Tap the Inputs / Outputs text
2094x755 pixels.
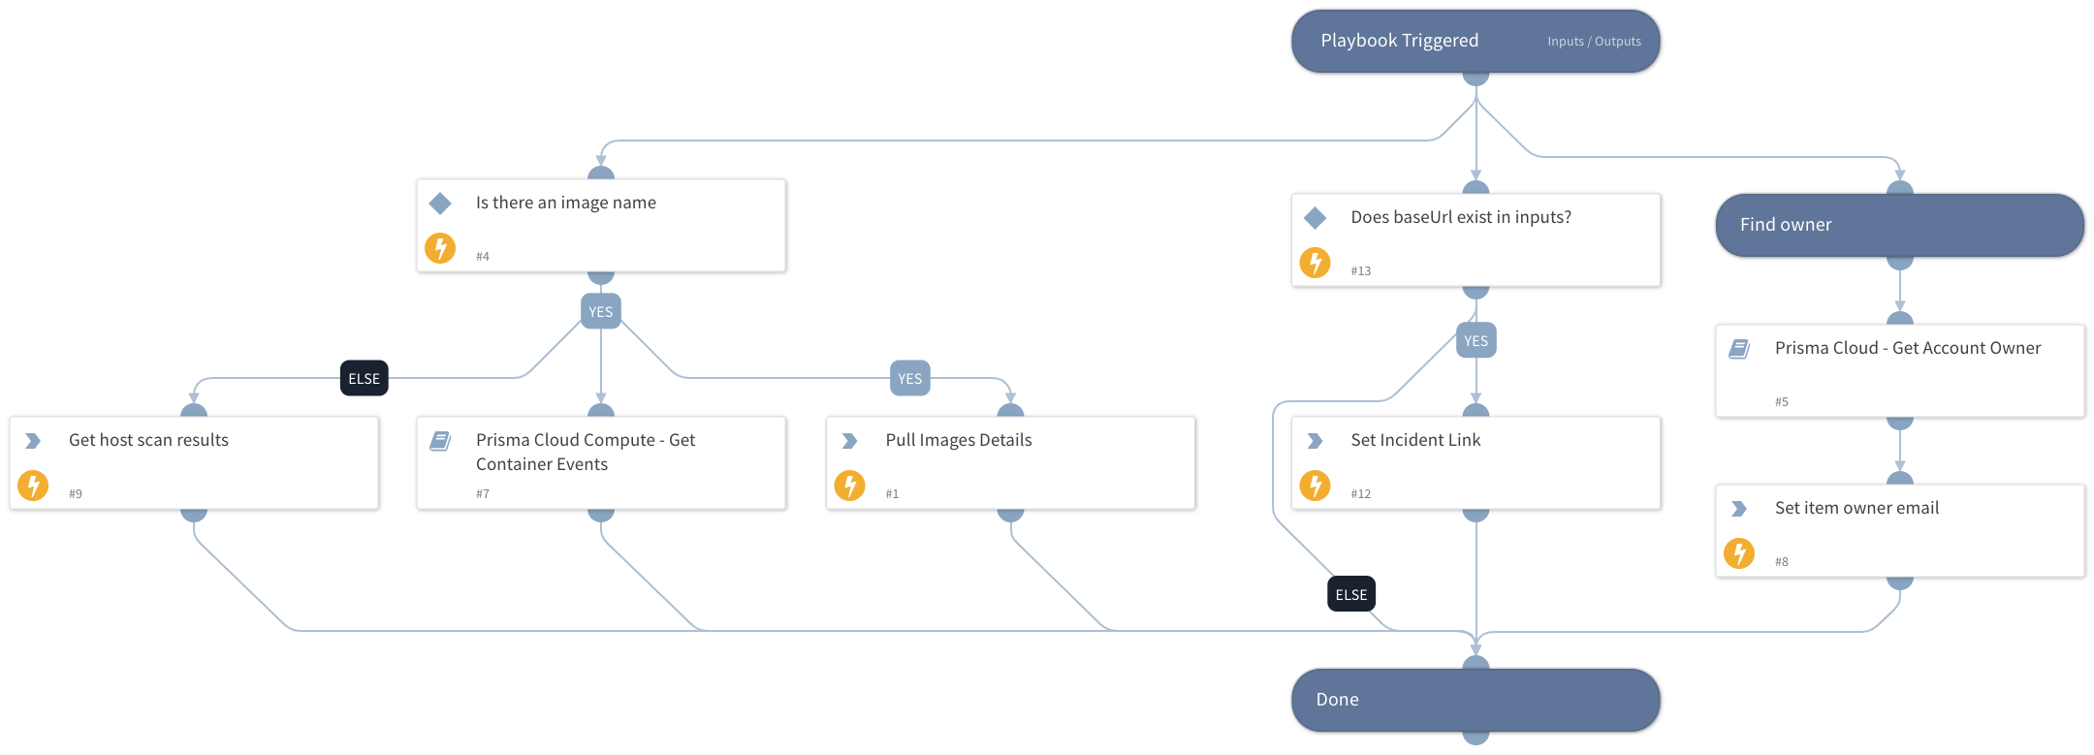point(1594,42)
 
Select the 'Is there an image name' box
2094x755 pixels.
point(601,225)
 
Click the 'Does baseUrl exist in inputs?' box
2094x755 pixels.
point(1475,239)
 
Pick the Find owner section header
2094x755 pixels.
point(1899,225)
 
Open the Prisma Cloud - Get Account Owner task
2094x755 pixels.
point(1899,370)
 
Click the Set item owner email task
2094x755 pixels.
point(1899,530)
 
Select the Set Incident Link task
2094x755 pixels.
point(1475,462)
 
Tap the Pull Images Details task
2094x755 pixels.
point(1010,462)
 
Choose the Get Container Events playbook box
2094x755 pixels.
point(601,462)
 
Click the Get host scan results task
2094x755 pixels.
point(194,462)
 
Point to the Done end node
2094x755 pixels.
point(1475,700)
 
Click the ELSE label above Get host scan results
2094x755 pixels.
point(365,379)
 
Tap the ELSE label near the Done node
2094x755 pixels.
point(1351,594)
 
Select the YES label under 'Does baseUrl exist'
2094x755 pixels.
point(1475,341)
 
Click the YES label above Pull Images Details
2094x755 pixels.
point(909,379)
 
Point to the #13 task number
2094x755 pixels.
point(1361,271)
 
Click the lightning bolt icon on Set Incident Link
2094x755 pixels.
point(1315,485)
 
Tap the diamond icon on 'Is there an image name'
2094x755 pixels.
point(440,204)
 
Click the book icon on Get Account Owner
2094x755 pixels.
point(1739,349)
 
